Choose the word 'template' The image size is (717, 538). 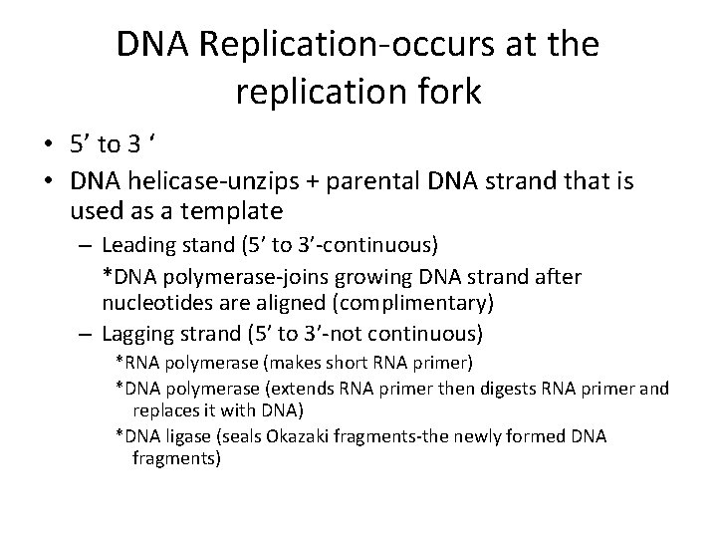click(x=236, y=210)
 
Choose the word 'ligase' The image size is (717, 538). click(x=184, y=436)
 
